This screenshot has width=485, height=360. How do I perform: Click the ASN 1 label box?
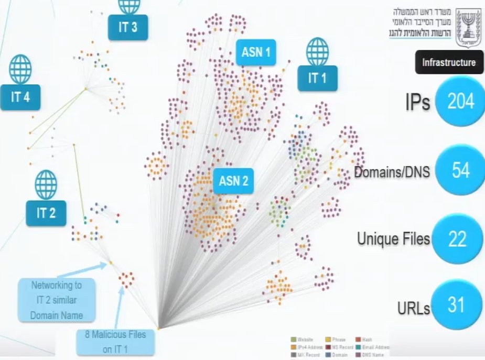256,52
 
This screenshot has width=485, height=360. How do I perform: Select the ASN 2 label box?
233,182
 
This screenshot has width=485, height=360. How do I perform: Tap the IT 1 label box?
317,79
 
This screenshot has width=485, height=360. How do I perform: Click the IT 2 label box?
46,213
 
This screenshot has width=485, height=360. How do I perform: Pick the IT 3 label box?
127,27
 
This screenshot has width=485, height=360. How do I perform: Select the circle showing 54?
460,170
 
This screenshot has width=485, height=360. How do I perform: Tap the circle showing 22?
457,239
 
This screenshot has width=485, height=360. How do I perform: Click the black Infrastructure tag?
449,62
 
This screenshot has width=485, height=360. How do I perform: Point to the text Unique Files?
393,239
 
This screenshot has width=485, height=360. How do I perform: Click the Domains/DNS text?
392,171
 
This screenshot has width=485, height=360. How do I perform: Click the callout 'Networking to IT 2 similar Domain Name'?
56,300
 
